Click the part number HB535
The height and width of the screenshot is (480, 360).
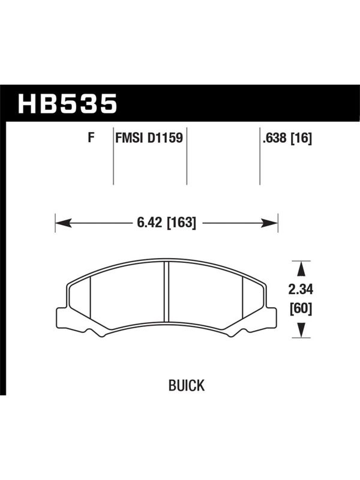click(67, 103)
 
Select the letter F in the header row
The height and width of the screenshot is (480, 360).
click(91, 138)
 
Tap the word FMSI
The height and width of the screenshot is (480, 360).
click(129, 138)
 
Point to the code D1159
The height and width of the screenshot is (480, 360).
click(165, 138)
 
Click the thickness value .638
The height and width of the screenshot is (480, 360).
click(275, 139)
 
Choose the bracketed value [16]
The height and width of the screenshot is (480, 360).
click(301, 139)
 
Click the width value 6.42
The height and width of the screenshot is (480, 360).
click(149, 223)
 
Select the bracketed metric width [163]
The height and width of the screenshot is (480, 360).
click(181, 223)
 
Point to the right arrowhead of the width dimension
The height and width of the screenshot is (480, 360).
click(269, 223)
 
